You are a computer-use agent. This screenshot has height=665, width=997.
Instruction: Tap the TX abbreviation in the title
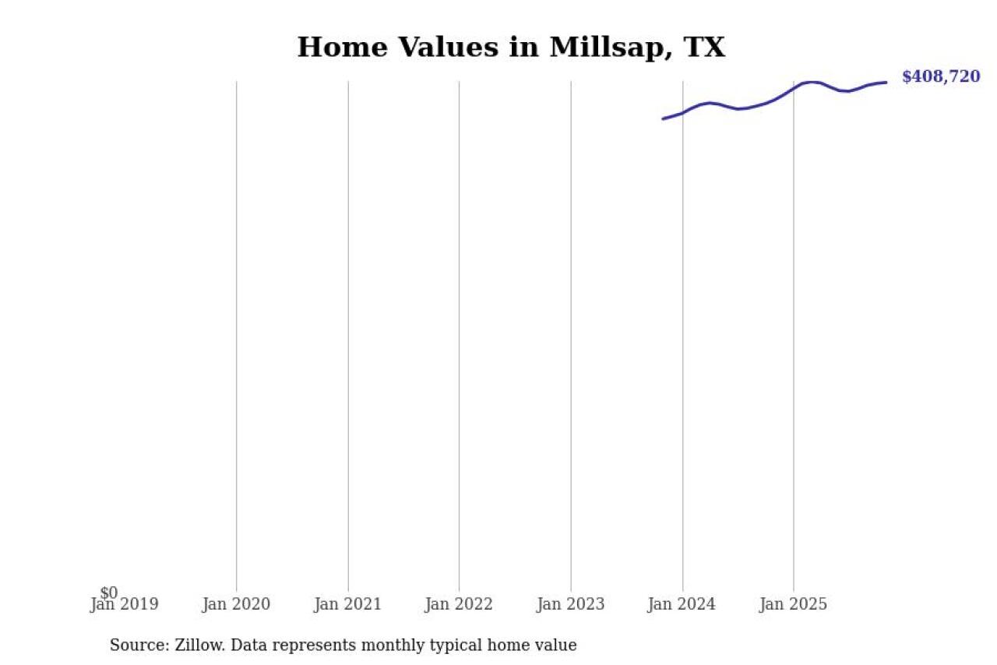click(703, 48)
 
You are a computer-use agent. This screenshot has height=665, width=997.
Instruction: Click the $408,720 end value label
click(941, 76)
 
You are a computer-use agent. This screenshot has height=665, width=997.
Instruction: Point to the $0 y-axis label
click(108, 593)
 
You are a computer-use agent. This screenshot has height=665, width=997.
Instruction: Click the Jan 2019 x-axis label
click(124, 604)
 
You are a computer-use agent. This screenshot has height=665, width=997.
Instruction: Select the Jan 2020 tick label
click(236, 604)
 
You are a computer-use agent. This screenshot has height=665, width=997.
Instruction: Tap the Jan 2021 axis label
click(347, 604)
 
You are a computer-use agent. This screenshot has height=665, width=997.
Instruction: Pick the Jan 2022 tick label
click(459, 604)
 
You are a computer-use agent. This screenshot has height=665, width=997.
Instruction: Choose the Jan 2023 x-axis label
click(570, 604)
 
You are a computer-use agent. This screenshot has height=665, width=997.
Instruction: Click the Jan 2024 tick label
click(682, 604)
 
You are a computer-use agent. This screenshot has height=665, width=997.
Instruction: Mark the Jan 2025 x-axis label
click(794, 604)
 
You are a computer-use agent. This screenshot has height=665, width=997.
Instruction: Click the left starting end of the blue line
click(663, 118)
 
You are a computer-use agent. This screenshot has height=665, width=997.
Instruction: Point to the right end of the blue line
click(886, 82)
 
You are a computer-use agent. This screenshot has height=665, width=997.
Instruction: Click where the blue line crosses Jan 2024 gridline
click(682, 113)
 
